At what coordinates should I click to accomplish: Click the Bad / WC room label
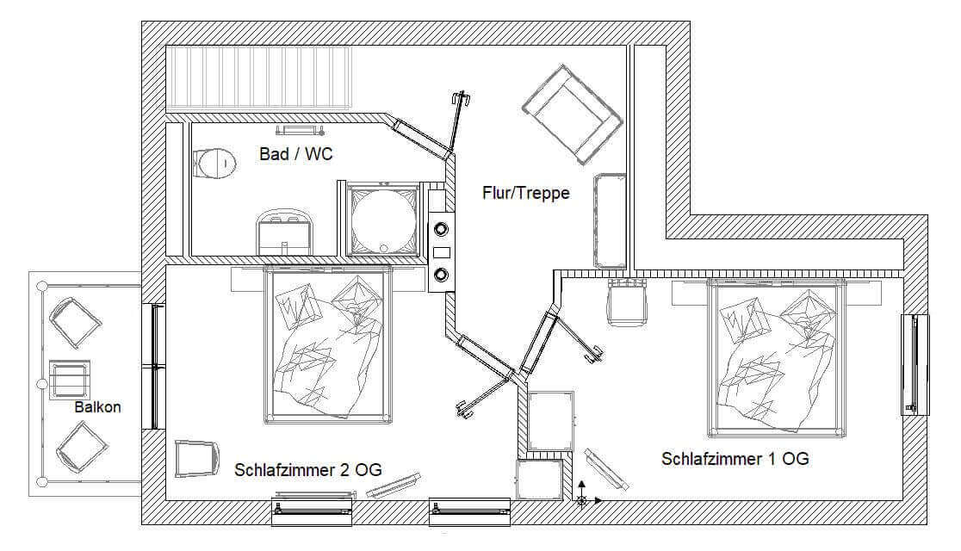[x=296, y=154]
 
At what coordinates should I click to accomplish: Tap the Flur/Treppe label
[x=526, y=193]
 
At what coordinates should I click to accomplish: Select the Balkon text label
[x=97, y=407]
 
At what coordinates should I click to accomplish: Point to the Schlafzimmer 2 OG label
[x=307, y=470]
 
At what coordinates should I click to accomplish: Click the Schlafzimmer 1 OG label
[x=735, y=459]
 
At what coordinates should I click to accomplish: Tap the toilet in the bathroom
[x=214, y=163]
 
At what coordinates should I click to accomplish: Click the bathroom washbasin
[x=285, y=232]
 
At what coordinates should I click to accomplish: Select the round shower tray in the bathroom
[x=384, y=220]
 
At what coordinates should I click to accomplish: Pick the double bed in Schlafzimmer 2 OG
[x=328, y=344]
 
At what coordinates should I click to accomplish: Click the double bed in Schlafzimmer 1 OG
[x=777, y=358]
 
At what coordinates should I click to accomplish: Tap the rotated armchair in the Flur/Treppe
[x=573, y=115]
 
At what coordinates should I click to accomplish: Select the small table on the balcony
[x=69, y=380]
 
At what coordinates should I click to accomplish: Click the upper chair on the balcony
[x=75, y=322]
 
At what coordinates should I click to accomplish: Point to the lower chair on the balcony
[x=82, y=447]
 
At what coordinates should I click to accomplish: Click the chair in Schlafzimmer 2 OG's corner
[x=196, y=459]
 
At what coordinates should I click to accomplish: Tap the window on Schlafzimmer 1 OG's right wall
[x=914, y=365]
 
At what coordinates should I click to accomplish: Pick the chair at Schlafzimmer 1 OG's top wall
[x=628, y=301]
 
